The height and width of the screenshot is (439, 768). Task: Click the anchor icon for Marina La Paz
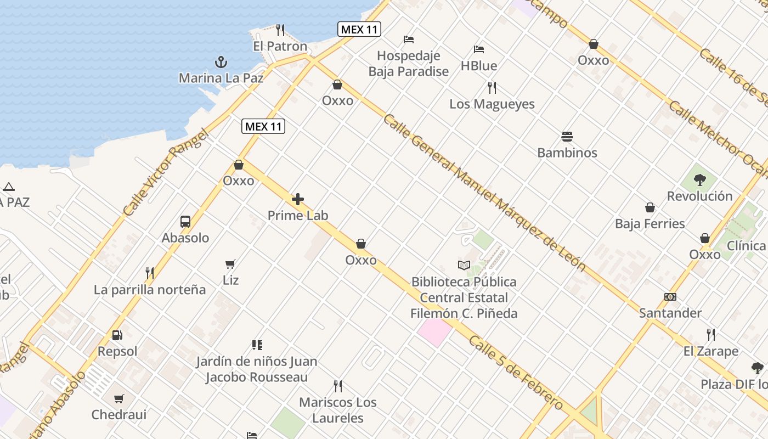[221, 61]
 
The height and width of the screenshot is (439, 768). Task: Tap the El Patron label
[280, 46]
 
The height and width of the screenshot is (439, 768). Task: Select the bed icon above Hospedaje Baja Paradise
[409, 40]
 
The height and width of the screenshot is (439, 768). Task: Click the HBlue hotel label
[479, 66]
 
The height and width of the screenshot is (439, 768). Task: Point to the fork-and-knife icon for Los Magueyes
[492, 87]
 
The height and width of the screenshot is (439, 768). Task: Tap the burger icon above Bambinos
[567, 136]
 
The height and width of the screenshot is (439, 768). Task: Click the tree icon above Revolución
[699, 179]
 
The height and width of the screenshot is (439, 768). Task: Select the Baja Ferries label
[650, 224]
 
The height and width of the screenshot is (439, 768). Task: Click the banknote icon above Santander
[670, 297]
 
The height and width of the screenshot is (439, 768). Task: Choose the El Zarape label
[711, 351]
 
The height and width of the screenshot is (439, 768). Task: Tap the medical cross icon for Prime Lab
[298, 199]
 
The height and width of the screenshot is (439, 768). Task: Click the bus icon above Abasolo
[185, 222]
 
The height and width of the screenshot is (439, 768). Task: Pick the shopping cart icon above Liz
[230, 264]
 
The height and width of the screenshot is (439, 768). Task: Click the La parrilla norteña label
[150, 290]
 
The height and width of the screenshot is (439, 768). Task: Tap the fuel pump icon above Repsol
[117, 335]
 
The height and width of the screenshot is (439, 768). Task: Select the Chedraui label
[119, 415]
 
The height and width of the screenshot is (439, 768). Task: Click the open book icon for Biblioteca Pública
[464, 266]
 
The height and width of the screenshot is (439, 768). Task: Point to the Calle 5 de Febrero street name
[515, 373]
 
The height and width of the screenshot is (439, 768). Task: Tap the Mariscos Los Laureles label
[338, 410]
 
